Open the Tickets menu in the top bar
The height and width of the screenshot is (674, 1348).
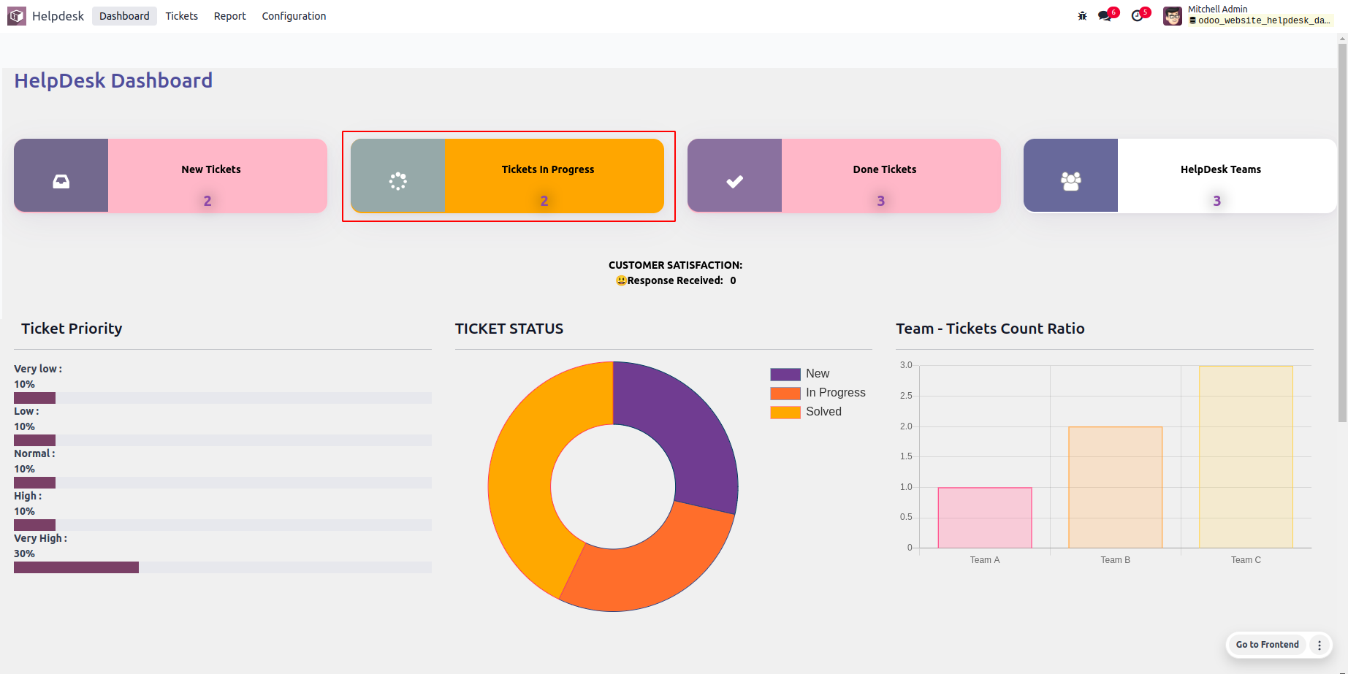click(181, 16)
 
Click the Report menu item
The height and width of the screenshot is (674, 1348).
click(229, 16)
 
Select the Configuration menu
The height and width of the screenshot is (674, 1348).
click(294, 16)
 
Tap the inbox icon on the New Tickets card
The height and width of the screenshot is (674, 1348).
click(61, 181)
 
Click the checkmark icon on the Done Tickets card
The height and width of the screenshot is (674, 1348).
click(734, 181)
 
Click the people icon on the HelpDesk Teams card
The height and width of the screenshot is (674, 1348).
click(1070, 181)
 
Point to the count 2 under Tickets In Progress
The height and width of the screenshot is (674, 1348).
click(544, 201)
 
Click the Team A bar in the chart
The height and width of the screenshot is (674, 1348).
click(985, 518)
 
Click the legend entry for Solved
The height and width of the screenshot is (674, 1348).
click(823, 412)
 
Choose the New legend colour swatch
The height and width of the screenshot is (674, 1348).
click(785, 374)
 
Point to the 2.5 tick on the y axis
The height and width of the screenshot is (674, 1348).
click(906, 396)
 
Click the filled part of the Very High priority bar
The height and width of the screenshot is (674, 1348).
click(76, 567)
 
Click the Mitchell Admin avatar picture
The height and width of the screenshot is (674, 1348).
click(1173, 16)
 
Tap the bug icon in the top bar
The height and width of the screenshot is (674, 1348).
click(1082, 16)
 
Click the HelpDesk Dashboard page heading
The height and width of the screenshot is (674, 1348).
click(113, 80)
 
